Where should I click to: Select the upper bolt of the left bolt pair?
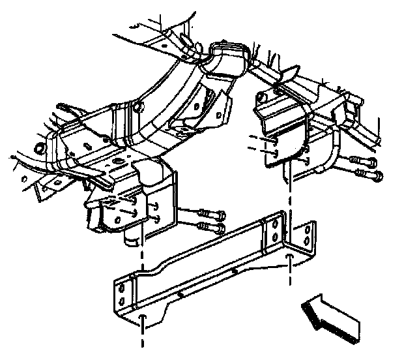point(209,214)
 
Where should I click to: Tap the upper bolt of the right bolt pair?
point(362,161)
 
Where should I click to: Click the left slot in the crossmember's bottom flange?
point(141,318)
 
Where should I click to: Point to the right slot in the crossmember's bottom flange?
point(288,258)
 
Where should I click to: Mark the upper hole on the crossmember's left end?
point(121,286)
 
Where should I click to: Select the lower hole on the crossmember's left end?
point(121,301)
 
